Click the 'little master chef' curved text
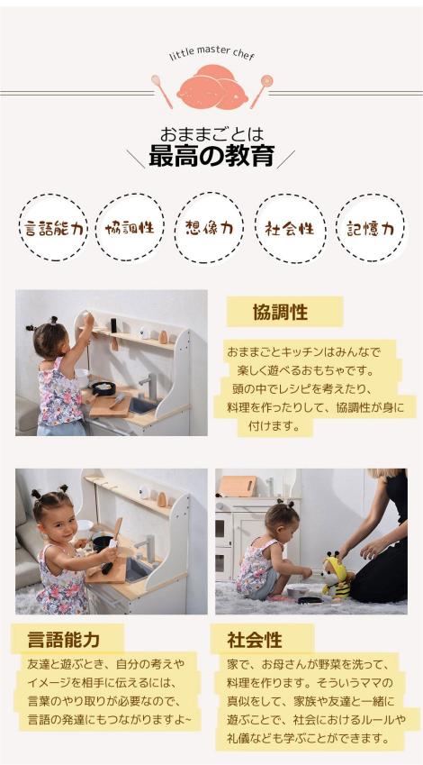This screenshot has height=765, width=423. (212, 55)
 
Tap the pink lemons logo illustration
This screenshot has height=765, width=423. (212, 87)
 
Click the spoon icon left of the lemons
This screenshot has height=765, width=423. (162, 91)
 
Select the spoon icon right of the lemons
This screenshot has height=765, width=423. (262, 91)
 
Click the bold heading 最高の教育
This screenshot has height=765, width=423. (211, 156)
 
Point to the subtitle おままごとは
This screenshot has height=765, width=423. (211, 133)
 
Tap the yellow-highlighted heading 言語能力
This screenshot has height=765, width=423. (64, 639)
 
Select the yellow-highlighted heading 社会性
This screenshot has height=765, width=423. (255, 640)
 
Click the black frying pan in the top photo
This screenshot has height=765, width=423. (103, 388)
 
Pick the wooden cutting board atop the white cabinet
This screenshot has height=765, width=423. (238, 486)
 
